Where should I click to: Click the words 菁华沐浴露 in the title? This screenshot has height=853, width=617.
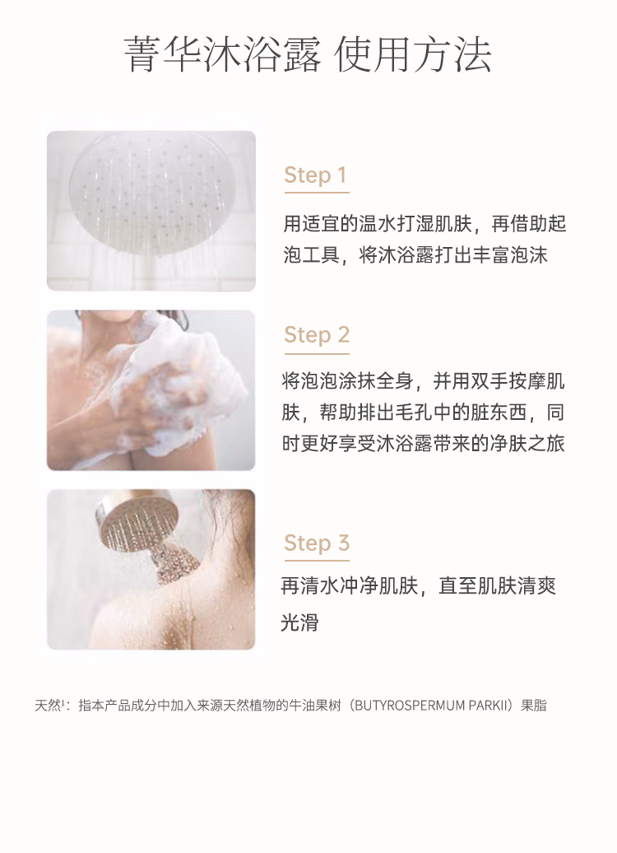tap(222, 55)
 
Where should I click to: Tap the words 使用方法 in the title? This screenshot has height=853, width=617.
tap(413, 55)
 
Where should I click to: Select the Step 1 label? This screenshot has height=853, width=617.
tap(315, 175)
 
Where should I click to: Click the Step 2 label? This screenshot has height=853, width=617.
tap(317, 335)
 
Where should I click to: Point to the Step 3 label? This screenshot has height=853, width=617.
tap(317, 543)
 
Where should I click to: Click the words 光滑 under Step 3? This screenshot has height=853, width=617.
tap(299, 622)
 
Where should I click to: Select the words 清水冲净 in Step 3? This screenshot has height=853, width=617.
tap(332, 586)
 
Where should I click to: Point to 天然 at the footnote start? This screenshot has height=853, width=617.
tap(47, 706)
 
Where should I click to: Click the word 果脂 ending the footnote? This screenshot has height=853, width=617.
tap(534, 706)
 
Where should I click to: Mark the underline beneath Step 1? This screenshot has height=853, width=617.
tap(317, 192)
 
